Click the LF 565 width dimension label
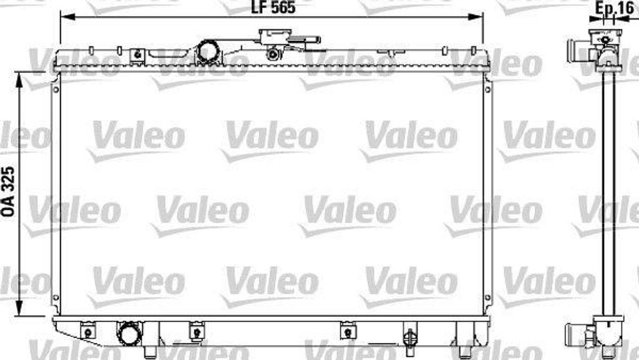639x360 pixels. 272,7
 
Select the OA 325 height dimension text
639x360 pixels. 8,192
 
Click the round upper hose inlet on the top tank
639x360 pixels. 207,52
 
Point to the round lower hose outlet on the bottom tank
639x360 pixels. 130,334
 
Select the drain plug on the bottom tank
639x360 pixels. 409,338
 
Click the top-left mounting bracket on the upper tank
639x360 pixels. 137,56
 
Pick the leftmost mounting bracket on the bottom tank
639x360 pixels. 89,331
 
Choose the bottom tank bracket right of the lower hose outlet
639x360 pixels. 196,331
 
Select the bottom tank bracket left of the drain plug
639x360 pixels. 346,331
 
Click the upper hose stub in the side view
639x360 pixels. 578,50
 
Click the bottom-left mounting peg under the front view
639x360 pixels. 150,352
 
